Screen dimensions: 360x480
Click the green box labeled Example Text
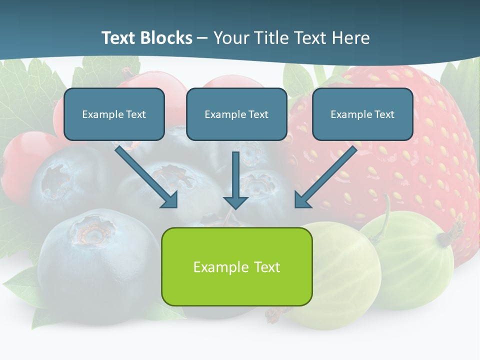[x=236, y=266]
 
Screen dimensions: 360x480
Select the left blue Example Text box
[x=114, y=114]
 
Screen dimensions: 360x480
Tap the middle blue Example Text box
[x=236, y=114]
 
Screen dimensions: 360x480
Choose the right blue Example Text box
[x=362, y=114]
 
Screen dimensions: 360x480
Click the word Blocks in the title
[x=167, y=38]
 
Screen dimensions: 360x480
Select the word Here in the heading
[x=352, y=38]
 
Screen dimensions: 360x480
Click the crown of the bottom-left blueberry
[x=92, y=231]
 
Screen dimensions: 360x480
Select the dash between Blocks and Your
[x=202, y=38]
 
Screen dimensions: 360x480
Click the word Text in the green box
[x=267, y=267]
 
